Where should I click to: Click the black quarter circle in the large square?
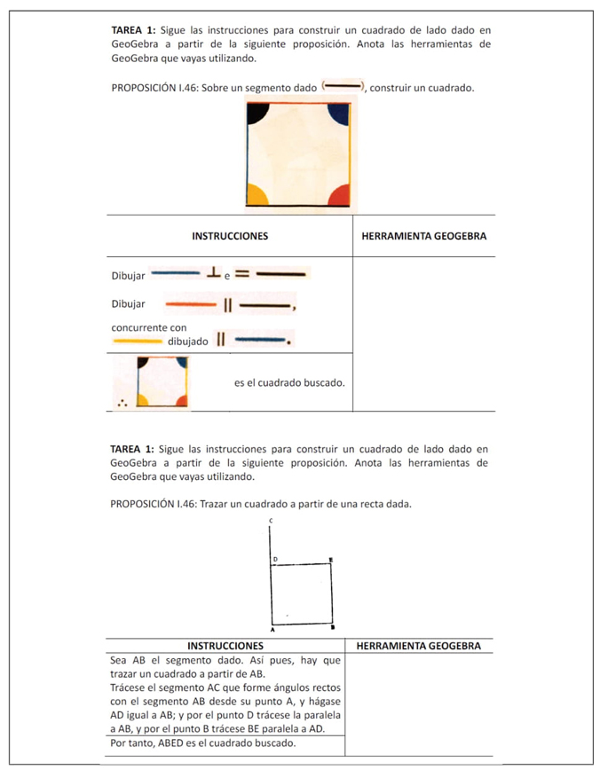(x=257, y=112)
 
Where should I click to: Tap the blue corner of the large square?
(x=338, y=113)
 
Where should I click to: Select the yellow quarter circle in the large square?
(x=257, y=194)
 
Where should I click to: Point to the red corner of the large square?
(x=338, y=194)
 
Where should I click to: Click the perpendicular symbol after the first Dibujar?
(x=214, y=273)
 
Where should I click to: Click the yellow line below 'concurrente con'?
(x=137, y=341)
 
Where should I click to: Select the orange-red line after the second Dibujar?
(x=191, y=304)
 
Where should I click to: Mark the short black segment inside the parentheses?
(x=343, y=87)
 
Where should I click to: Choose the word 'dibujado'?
(x=187, y=342)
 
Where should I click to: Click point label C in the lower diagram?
(x=270, y=519)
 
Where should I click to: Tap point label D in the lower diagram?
(x=275, y=559)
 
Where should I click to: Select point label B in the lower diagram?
(x=333, y=627)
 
